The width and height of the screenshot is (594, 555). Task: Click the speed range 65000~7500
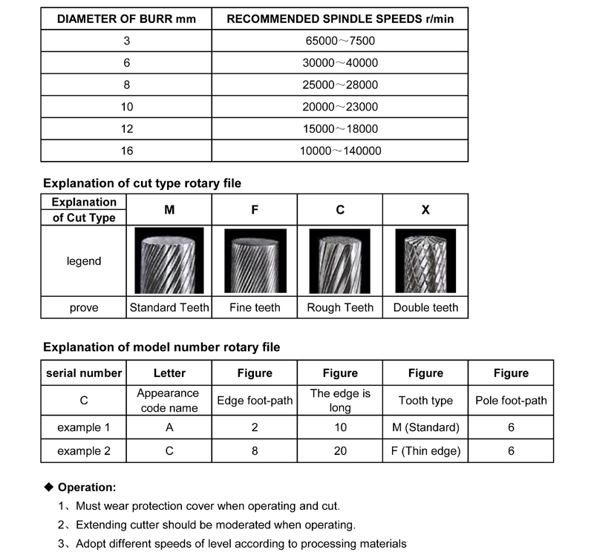[x=340, y=42]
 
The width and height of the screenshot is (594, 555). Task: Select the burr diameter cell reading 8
[x=126, y=85]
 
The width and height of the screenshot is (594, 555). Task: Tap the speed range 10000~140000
[x=340, y=151]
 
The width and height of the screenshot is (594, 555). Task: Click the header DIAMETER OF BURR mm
[x=126, y=19]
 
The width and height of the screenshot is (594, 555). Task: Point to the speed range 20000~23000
[x=340, y=107]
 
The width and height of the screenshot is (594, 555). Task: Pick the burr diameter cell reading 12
[x=126, y=129]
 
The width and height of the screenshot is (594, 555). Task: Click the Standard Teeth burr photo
[x=169, y=261]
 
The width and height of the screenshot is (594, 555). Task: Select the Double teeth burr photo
[x=425, y=261]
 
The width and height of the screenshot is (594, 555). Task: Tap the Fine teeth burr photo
[x=255, y=261]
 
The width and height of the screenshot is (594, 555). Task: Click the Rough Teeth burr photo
[x=340, y=261]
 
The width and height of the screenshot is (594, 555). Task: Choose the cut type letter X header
[x=425, y=210]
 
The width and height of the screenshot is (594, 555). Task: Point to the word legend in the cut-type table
[x=84, y=261]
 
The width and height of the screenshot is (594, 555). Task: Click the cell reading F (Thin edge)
[x=425, y=451]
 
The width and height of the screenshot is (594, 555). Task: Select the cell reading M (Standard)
[x=425, y=427]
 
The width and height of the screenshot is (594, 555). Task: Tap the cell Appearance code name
[x=169, y=401]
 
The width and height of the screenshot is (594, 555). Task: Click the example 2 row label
[x=84, y=451]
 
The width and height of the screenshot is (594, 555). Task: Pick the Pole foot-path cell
[x=511, y=401]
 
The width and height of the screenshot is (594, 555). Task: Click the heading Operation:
[x=87, y=487]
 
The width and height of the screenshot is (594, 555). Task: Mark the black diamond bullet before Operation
[x=50, y=487]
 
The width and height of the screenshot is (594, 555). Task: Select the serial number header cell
[x=84, y=373]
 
